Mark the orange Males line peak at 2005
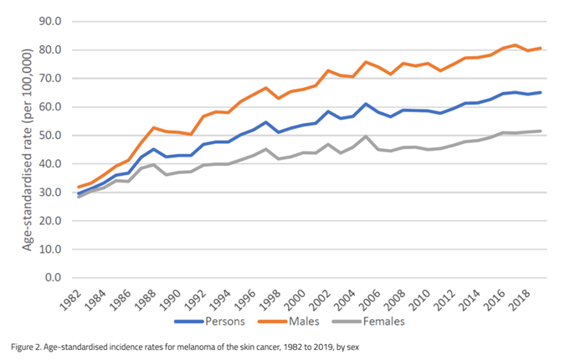[367, 62]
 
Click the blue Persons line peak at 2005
[367, 104]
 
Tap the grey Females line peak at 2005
[367, 136]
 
